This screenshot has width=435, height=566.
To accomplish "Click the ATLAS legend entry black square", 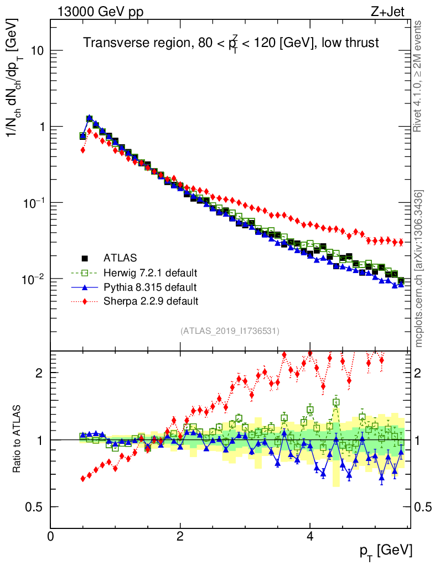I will point(85,258).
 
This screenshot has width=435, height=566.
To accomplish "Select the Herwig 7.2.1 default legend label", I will point(151,272).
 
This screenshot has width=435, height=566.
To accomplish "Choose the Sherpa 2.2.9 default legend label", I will point(151,301).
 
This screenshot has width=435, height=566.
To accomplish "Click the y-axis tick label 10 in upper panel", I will point(36,51).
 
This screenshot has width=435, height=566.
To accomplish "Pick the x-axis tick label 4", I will point(310,536).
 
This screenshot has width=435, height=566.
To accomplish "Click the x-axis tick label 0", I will point(51,536).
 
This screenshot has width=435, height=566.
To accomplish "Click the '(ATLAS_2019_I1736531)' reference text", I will point(230,331).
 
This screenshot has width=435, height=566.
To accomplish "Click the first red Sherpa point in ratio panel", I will point(82,478).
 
